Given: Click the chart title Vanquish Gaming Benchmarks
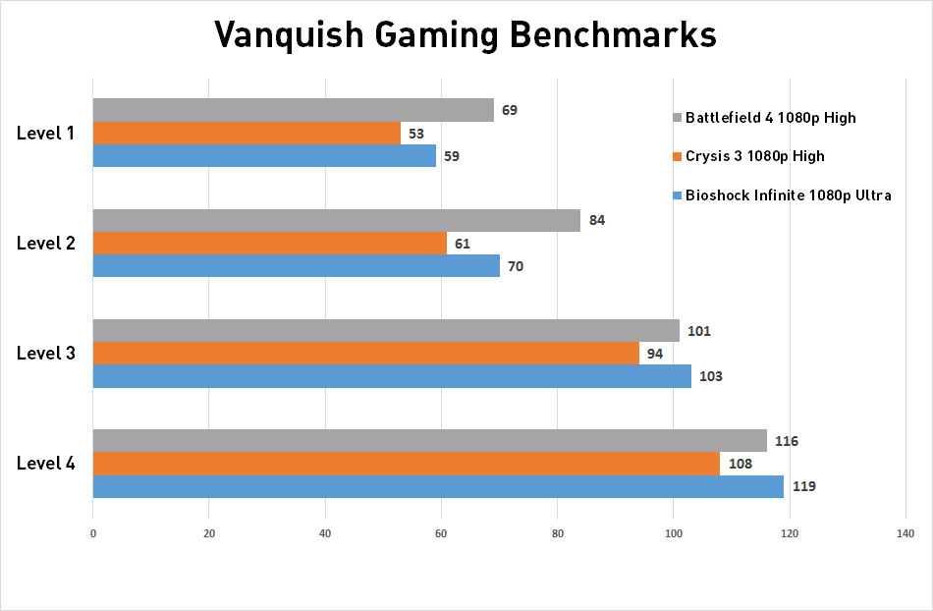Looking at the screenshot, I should (x=466, y=35).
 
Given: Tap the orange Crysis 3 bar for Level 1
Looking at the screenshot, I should (x=247, y=133).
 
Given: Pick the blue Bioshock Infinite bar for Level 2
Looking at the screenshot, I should (x=296, y=266).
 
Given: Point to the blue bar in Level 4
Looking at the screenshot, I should (x=438, y=486).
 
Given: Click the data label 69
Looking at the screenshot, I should (x=509, y=110).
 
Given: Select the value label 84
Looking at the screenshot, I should (x=596, y=221).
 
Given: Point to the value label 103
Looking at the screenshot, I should (x=710, y=377).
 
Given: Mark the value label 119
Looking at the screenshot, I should (x=804, y=486).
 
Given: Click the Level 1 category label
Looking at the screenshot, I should (x=45, y=133).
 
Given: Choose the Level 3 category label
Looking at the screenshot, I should (x=45, y=354).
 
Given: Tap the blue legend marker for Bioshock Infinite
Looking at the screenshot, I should (x=676, y=195).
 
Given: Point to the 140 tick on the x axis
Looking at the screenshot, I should (x=906, y=533).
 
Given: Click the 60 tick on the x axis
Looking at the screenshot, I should (x=441, y=533).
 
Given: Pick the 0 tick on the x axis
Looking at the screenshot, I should (x=93, y=533).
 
